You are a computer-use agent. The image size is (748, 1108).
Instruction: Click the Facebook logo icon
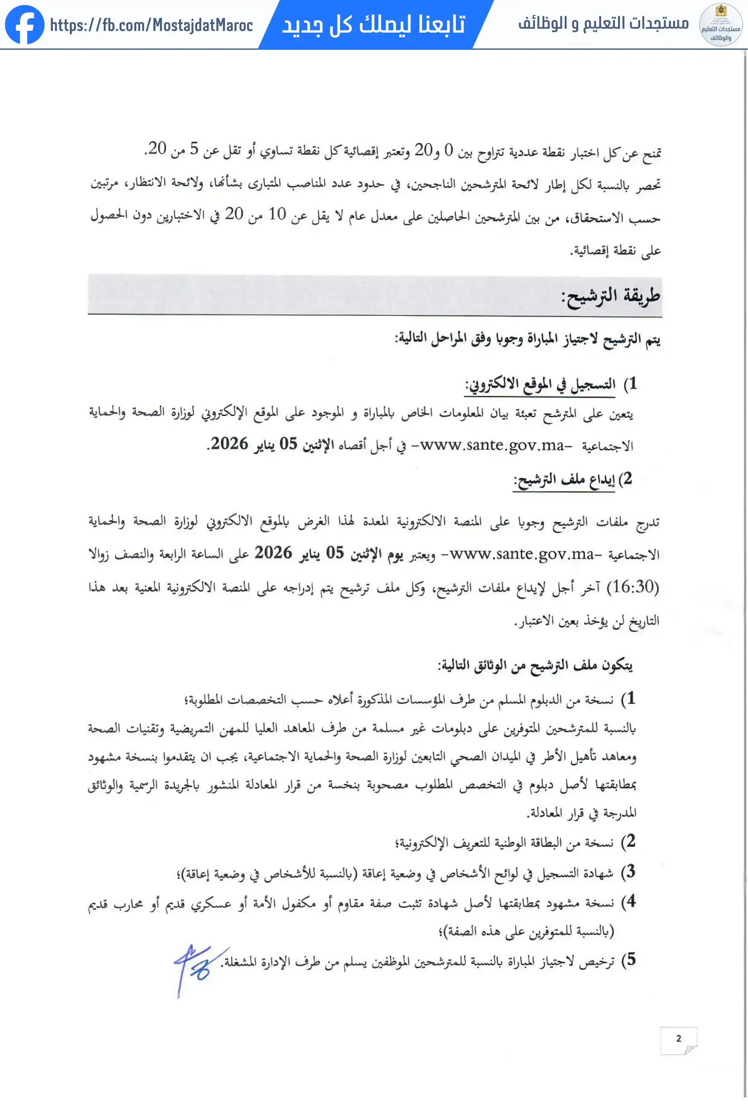tap(24, 24)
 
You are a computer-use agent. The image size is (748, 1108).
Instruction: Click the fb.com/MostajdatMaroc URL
tap(151, 25)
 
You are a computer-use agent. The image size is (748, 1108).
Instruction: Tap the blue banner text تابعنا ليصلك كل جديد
tap(373, 24)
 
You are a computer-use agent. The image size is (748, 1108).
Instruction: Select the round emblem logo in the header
tap(720, 25)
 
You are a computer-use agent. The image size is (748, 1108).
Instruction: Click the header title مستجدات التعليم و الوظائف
tap(604, 23)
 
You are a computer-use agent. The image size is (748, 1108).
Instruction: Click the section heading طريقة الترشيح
tap(611, 296)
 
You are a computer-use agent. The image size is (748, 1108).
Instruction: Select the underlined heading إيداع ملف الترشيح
tap(564, 480)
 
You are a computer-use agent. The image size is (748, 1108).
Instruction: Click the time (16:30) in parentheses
tap(633, 587)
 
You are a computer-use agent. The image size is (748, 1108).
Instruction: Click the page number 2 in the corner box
tap(678, 1038)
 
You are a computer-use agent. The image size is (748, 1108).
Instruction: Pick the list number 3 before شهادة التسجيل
tap(630, 871)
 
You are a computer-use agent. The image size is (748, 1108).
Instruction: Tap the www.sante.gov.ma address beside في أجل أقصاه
tap(492, 445)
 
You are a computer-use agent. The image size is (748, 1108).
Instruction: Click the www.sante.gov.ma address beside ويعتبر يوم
tap(522, 554)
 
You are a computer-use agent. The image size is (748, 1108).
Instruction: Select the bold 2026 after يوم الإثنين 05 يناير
tap(273, 553)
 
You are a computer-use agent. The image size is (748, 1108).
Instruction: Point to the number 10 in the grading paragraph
tap(277, 214)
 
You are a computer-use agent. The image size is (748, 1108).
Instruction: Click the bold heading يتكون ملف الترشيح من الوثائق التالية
tap(535, 665)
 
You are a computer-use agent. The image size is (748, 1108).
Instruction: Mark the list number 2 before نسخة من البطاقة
tap(630, 841)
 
